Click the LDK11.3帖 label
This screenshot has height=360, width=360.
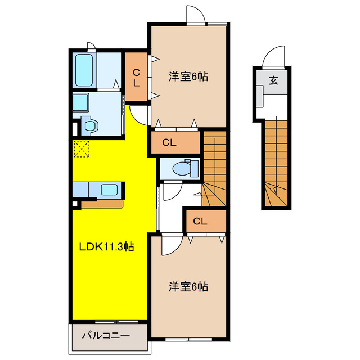point(106,247)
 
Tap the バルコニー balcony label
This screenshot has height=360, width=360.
point(106,336)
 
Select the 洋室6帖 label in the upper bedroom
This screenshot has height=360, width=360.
point(188,76)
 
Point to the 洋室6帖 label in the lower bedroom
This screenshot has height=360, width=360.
point(188,287)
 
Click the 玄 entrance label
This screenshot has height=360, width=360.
point(273,80)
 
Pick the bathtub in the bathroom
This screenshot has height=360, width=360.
point(84,70)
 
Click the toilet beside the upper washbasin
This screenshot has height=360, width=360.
point(89,125)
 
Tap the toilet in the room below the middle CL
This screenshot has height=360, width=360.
point(185,169)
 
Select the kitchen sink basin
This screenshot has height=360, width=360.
point(109,190)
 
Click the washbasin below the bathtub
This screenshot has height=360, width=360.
point(80,102)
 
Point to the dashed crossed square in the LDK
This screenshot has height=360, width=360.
point(81,148)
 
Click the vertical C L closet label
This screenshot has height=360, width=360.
point(136,78)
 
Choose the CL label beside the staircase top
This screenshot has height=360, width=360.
point(169,142)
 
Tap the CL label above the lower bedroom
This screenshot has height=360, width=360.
point(200,221)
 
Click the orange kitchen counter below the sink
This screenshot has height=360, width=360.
point(102,204)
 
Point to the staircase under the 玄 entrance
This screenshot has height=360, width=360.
point(276,163)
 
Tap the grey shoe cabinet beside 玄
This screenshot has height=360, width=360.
point(260,96)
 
